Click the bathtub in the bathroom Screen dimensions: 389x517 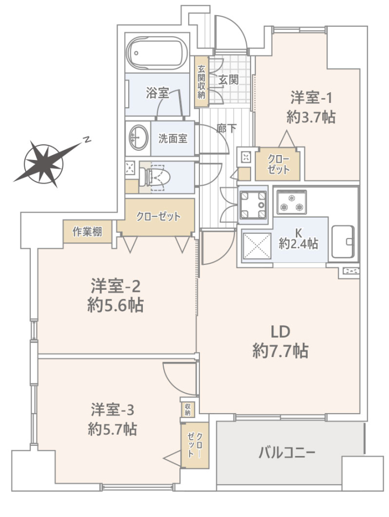[x=157, y=52]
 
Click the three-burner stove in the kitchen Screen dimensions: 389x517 [x=291, y=202]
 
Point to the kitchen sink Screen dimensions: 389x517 [x=343, y=242]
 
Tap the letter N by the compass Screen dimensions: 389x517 [x=87, y=139]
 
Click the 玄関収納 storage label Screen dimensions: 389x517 [x=202, y=81]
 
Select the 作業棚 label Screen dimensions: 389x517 [x=87, y=232]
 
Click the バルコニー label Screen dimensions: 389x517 [x=287, y=453]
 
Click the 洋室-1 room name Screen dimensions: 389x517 [x=311, y=97]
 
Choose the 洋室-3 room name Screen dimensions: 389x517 [x=113, y=410]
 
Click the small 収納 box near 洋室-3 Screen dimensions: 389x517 [x=187, y=410]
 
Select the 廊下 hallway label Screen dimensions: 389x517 [x=226, y=128]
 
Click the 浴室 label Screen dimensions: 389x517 [x=157, y=93]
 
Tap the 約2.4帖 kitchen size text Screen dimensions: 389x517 [x=298, y=244]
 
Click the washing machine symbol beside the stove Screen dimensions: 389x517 [x=252, y=205]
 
